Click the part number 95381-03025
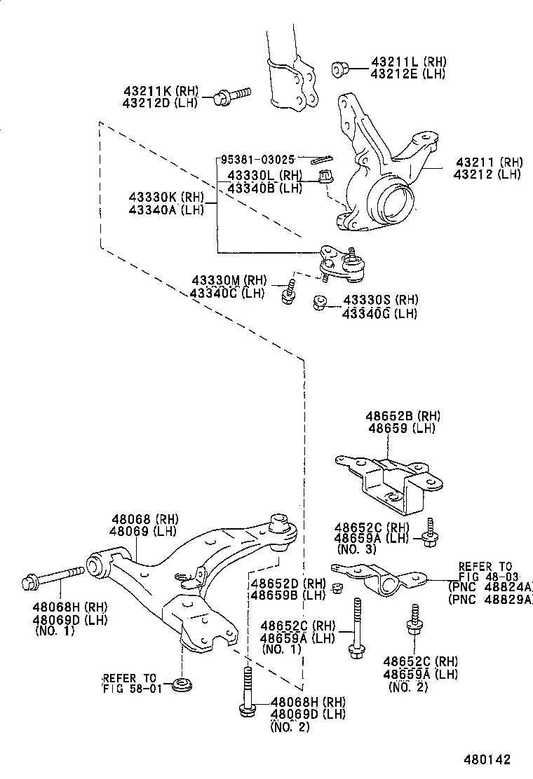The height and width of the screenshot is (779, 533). pyautogui.click(x=257, y=160)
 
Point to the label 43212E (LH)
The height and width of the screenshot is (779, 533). pyautogui.click(x=407, y=74)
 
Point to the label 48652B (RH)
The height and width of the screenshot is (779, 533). pyautogui.click(x=402, y=415)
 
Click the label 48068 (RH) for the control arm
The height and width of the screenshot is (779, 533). pyautogui.click(x=144, y=519)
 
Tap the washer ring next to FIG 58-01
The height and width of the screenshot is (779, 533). pyautogui.click(x=184, y=683)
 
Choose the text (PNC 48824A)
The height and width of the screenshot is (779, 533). pyautogui.click(x=490, y=587)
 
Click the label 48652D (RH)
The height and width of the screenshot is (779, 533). pyautogui.click(x=288, y=583)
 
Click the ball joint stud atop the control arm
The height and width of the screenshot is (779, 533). pyautogui.click(x=281, y=524)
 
